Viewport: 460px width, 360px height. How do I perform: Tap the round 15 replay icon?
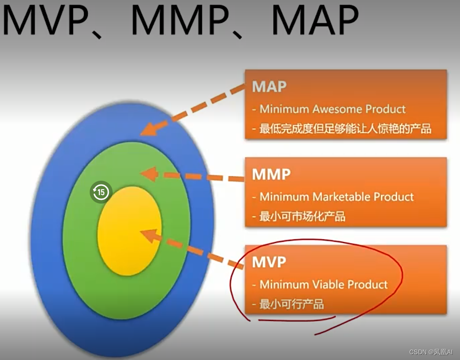(x=101, y=193)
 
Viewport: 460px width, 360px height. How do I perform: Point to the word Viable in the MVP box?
(x=328, y=285)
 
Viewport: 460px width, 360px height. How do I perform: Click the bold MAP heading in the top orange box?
(x=270, y=87)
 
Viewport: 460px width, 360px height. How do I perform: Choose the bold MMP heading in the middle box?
(x=271, y=175)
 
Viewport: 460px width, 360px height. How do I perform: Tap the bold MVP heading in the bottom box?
(x=269, y=262)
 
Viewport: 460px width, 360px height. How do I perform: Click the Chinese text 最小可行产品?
(x=292, y=304)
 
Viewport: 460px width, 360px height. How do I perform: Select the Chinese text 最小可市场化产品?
(x=303, y=216)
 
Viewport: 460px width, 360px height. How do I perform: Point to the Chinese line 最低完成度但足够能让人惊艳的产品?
(x=345, y=129)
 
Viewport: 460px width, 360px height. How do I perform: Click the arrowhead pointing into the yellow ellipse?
(x=148, y=235)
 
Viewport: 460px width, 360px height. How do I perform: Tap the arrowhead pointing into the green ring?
(x=149, y=174)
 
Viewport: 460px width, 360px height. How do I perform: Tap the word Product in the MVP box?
(x=368, y=285)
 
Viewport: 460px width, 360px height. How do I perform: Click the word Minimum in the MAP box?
(x=284, y=109)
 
